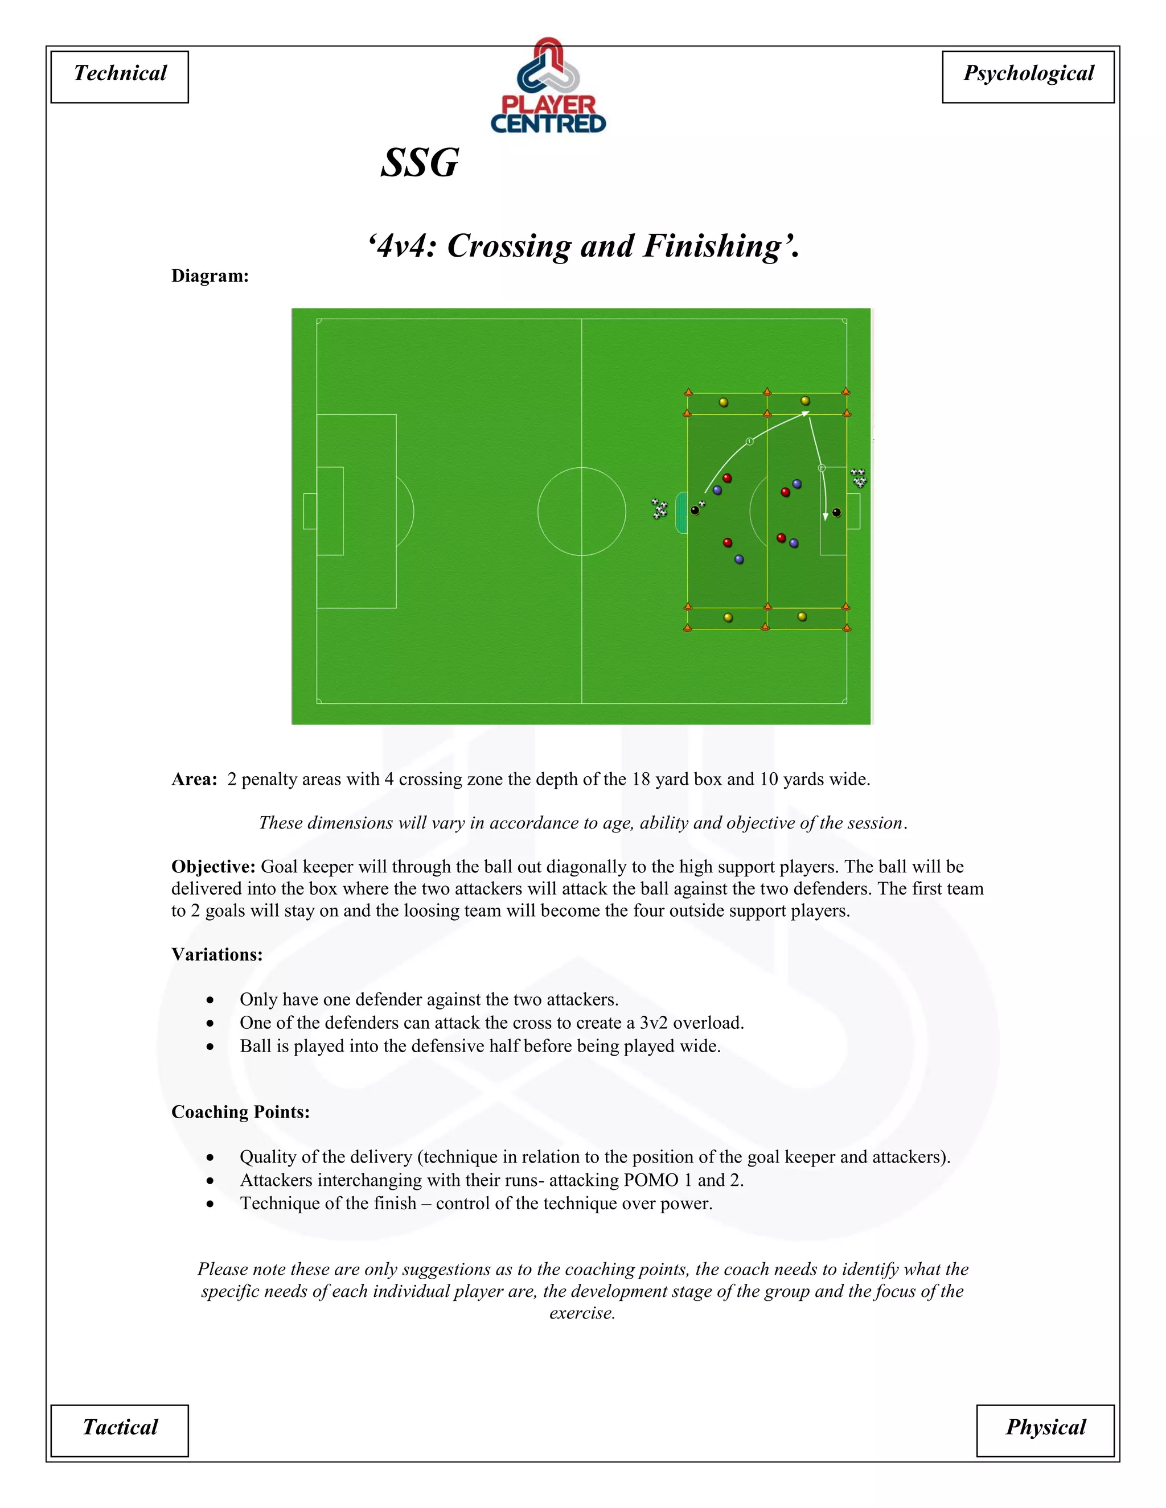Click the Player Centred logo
(548, 86)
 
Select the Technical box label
(120, 73)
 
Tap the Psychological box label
(1028, 73)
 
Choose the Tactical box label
(120, 1427)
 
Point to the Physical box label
(1045, 1427)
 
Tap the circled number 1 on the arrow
(749, 441)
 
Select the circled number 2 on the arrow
(822, 468)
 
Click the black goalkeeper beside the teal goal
(695, 510)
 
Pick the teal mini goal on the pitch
(681, 512)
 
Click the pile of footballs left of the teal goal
(660, 509)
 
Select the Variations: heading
(217, 954)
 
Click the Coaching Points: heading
(240, 1112)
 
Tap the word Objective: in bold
(214, 867)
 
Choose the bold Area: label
(194, 780)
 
